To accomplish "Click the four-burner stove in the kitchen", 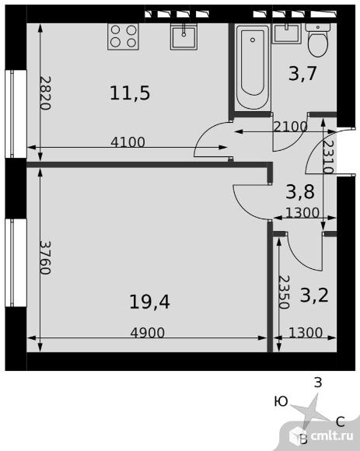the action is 123,37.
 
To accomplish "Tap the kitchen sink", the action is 183,37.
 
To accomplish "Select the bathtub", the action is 253,68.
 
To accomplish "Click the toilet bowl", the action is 318,40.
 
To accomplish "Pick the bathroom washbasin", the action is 287,33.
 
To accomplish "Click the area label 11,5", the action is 130,93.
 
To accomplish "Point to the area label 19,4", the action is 149,302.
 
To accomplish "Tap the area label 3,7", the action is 302,73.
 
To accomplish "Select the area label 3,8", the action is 300,192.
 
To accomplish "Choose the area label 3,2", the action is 314,295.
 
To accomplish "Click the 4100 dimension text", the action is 128,142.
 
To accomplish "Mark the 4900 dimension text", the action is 148,333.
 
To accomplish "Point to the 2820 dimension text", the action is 45,93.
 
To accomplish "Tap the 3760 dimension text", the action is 45,257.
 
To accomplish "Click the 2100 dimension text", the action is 291,127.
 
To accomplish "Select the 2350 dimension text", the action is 284,292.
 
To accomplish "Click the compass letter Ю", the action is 281,401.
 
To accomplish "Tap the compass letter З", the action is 318,383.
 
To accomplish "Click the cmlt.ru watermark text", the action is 332,436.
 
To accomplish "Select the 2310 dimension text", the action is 328,157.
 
